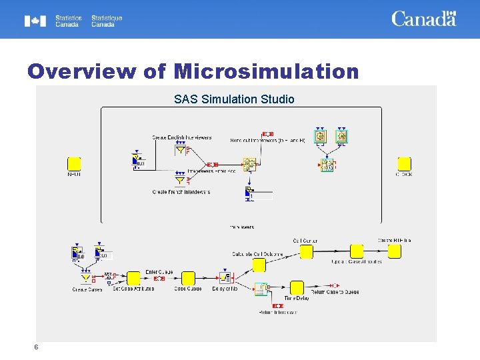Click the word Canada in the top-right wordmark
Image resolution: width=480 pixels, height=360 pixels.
(423, 19)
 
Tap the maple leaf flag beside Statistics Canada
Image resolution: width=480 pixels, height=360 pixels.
(35, 21)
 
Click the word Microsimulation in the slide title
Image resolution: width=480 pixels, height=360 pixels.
(266, 71)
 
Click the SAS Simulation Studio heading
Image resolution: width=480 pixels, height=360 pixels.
(234, 99)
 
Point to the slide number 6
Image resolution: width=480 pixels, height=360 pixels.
(37, 347)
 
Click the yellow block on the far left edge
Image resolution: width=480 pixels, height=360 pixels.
(74, 164)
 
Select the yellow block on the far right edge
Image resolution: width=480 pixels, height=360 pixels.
(404, 164)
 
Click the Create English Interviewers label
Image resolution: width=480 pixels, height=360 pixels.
(182, 138)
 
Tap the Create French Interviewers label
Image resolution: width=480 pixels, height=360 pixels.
(181, 192)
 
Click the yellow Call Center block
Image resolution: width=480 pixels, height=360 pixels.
(306, 251)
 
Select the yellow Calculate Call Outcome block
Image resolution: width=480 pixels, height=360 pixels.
(259, 265)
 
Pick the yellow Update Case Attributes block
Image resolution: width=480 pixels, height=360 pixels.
(357, 251)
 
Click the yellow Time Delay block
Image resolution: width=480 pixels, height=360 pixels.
(297, 287)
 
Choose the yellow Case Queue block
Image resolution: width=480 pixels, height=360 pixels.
(189, 278)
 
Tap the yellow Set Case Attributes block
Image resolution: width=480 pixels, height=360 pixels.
(133, 278)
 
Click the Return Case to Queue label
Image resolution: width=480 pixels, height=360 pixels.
(335, 292)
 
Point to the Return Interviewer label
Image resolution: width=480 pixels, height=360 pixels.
(277, 312)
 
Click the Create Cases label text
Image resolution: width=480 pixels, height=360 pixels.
(87, 290)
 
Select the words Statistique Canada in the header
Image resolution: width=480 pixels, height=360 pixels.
(107, 21)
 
